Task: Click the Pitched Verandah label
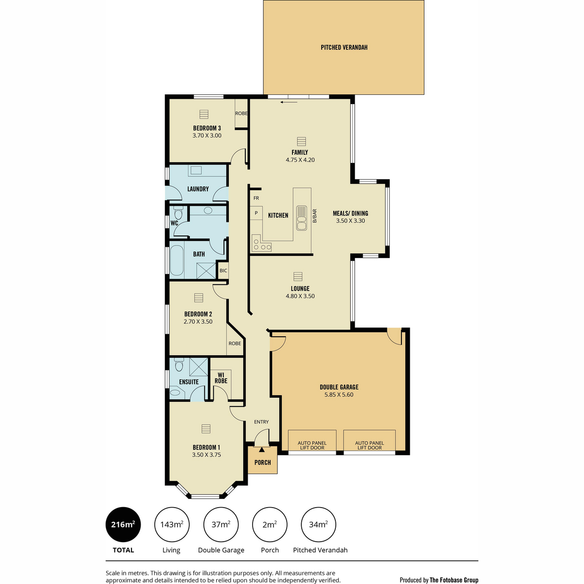click(344, 47)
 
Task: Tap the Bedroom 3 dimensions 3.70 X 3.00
click(207, 135)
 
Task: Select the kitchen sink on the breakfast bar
click(302, 218)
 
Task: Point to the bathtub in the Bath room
click(176, 260)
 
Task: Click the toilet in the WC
click(178, 213)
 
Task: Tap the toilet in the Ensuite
click(179, 365)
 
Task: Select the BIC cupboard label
click(223, 271)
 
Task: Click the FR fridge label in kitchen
click(256, 198)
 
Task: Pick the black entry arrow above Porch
click(262, 450)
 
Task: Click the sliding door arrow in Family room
click(289, 102)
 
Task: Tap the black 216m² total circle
click(123, 524)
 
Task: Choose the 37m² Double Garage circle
click(221, 524)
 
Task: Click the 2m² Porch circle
click(270, 524)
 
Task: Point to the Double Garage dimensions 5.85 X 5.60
click(339, 395)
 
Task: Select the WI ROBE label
click(221, 378)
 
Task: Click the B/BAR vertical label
click(314, 216)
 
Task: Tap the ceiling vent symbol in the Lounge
click(298, 276)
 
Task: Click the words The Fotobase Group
click(454, 580)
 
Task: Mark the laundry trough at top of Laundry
click(196, 170)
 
